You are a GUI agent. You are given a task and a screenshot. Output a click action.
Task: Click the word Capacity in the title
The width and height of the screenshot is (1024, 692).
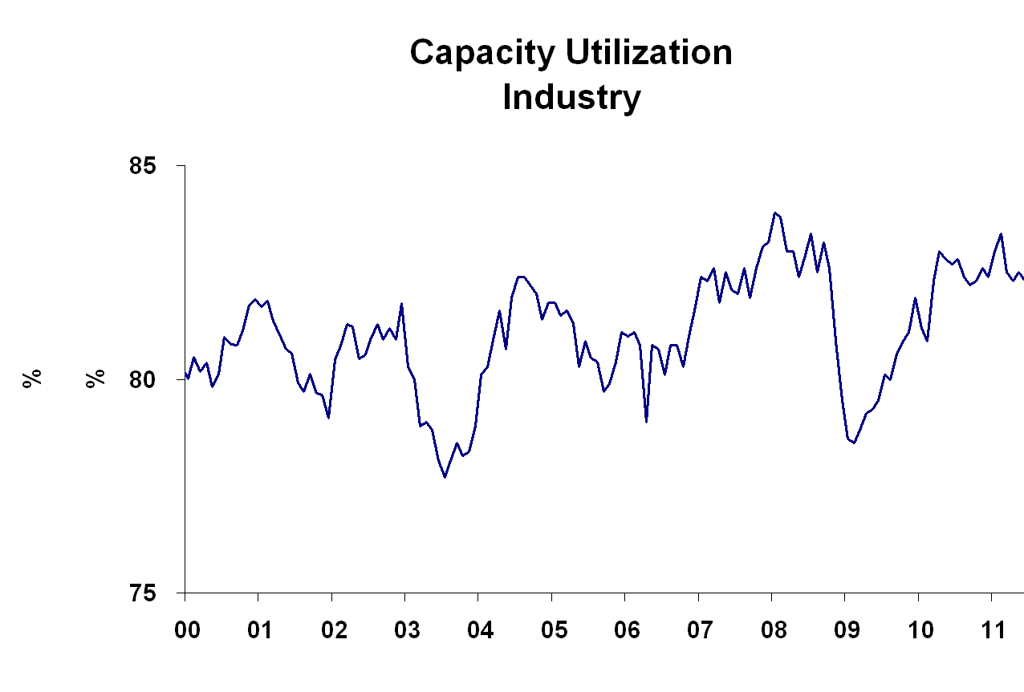pos(483,54)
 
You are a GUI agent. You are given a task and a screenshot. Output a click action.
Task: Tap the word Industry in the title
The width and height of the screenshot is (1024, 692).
pos(571,98)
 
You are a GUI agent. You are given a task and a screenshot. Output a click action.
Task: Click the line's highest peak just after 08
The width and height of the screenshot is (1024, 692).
pos(775,212)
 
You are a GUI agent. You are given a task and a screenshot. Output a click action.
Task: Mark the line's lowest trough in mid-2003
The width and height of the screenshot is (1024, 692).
pos(445,477)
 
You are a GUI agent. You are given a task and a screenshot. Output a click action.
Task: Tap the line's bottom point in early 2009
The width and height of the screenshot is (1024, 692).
pos(855,443)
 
